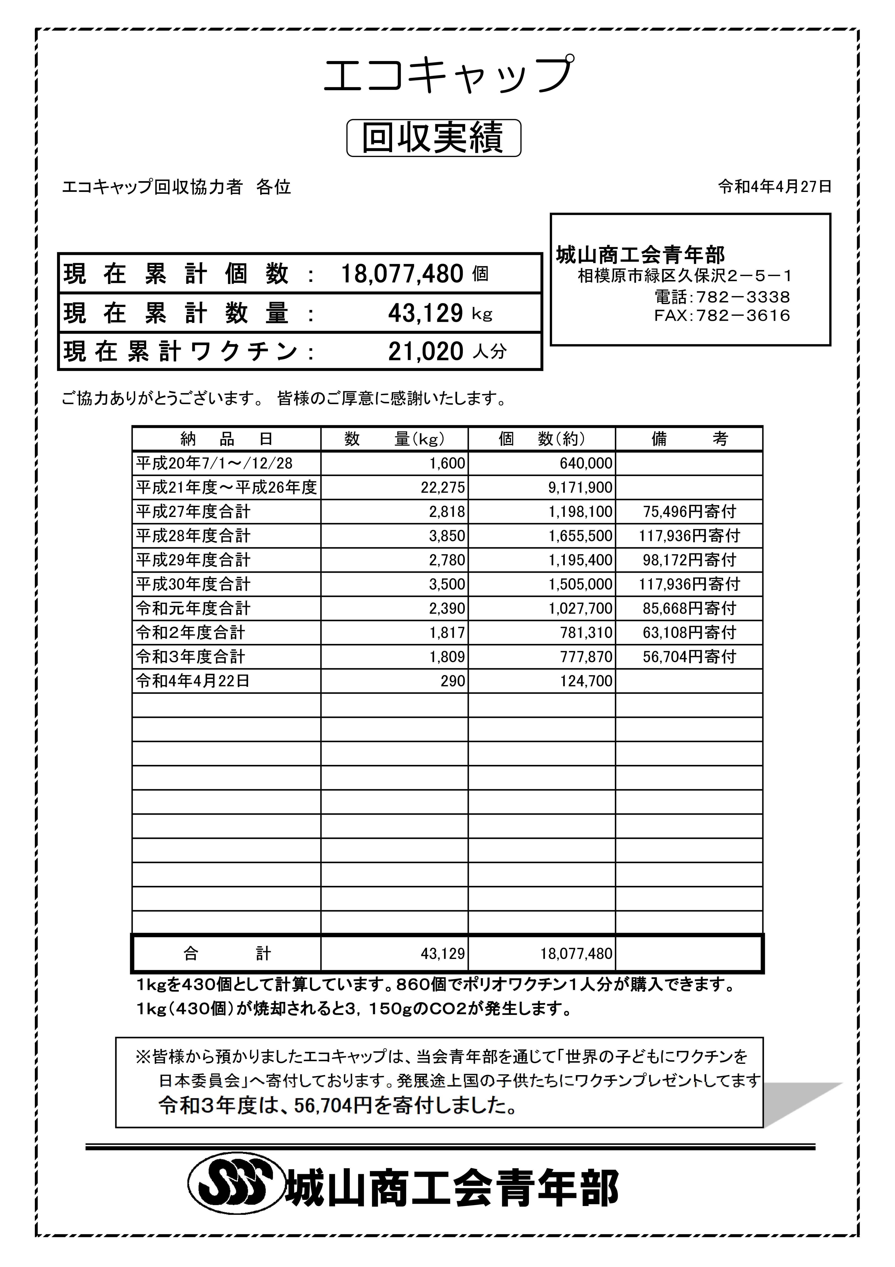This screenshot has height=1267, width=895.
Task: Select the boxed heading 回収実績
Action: coord(433,138)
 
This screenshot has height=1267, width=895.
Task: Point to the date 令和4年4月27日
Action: coord(774,187)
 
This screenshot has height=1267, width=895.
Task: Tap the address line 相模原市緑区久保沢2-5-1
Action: coord(684,276)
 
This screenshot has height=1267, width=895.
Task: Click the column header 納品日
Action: coord(226,439)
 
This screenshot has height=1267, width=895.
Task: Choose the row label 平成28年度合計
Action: coord(193,536)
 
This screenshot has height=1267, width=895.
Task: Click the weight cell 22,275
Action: coord(447,488)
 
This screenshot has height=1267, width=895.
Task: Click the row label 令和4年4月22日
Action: coord(193,681)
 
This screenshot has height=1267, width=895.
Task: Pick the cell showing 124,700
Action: coord(586,681)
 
